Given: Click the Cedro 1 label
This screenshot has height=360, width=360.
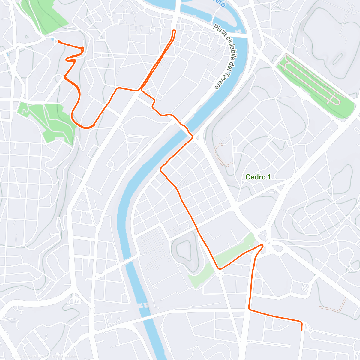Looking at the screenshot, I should (258, 177).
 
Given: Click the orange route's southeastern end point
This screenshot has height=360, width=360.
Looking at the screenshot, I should (301, 330).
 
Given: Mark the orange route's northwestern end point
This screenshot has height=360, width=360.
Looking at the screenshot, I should (58, 41).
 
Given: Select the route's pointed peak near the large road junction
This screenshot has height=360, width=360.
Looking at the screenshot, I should (262, 245).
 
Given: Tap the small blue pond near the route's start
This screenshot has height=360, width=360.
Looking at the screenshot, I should (53, 39).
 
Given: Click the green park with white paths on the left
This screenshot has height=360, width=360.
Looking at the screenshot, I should (49, 120).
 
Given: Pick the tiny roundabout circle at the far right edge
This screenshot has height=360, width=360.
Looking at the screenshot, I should (350, 269).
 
